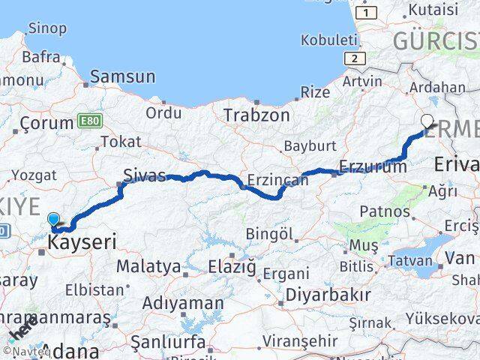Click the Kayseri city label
pos(82,243)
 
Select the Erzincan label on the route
pos(278,180)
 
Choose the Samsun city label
pos(123,76)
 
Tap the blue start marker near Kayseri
pos(53,220)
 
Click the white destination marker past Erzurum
pos(427,121)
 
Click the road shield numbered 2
pos(352,58)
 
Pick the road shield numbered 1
pos(366,13)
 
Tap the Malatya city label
pos(148,266)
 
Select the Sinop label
pos(46,28)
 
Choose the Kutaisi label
pos(431,10)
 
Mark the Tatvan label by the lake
pos(412,261)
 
